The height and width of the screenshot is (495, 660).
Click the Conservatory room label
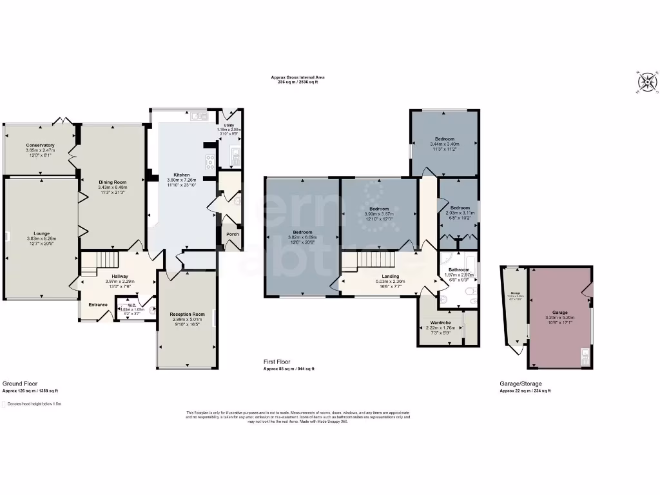click(41, 145)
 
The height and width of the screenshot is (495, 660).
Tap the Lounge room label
click(42, 233)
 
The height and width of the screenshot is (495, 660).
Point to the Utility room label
click(228, 124)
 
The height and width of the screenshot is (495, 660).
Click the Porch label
click(232, 233)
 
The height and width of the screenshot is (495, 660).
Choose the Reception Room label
click(187, 314)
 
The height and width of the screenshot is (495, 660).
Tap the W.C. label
click(131, 305)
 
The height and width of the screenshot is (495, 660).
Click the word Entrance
click(98, 305)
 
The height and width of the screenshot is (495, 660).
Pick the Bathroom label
click(459, 270)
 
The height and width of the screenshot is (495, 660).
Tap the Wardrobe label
click(440, 322)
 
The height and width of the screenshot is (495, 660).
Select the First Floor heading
click(277, 363)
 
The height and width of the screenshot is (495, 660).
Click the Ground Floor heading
click(19, 383)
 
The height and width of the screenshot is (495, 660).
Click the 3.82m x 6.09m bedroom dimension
click(302, 237)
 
